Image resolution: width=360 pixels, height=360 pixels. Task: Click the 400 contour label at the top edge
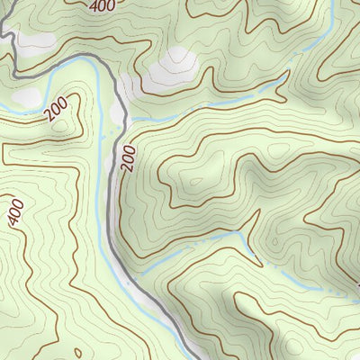103,6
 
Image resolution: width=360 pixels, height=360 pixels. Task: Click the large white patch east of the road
175,67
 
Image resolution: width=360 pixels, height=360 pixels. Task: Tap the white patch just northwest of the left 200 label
27,95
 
